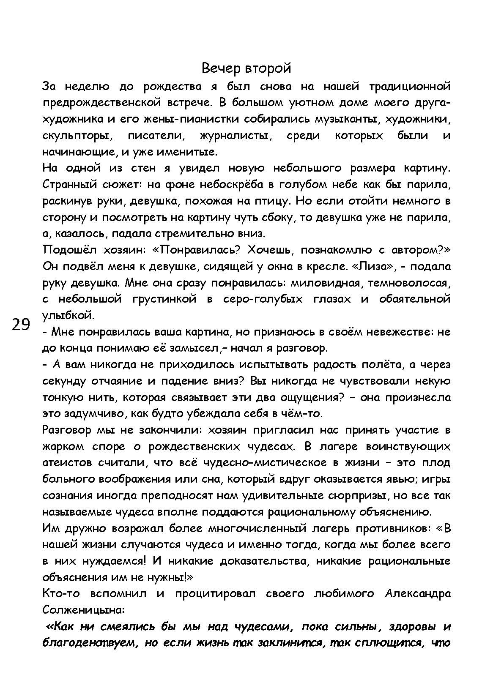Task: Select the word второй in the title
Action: [269, 68]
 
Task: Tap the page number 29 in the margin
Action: [21, 325]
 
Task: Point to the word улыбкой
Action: [68, 315]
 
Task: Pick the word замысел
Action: [192, 348]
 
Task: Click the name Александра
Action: [418, 594]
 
